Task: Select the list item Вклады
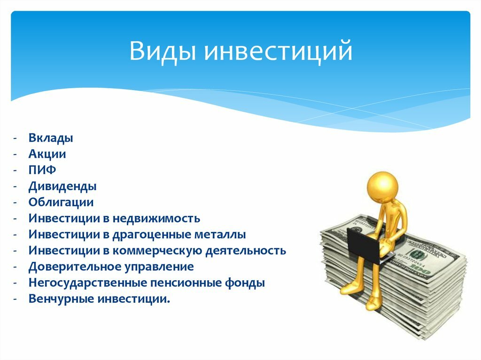click(50, 138)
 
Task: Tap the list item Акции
click(47, 154)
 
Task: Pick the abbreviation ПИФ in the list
click(42, 170)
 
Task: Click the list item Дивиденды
click(62, 186)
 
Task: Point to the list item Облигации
click(61, 202)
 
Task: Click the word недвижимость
click(160, 219)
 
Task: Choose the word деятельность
click(247, 251)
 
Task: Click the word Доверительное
click(69, 267)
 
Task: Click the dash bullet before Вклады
click(16, 138)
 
